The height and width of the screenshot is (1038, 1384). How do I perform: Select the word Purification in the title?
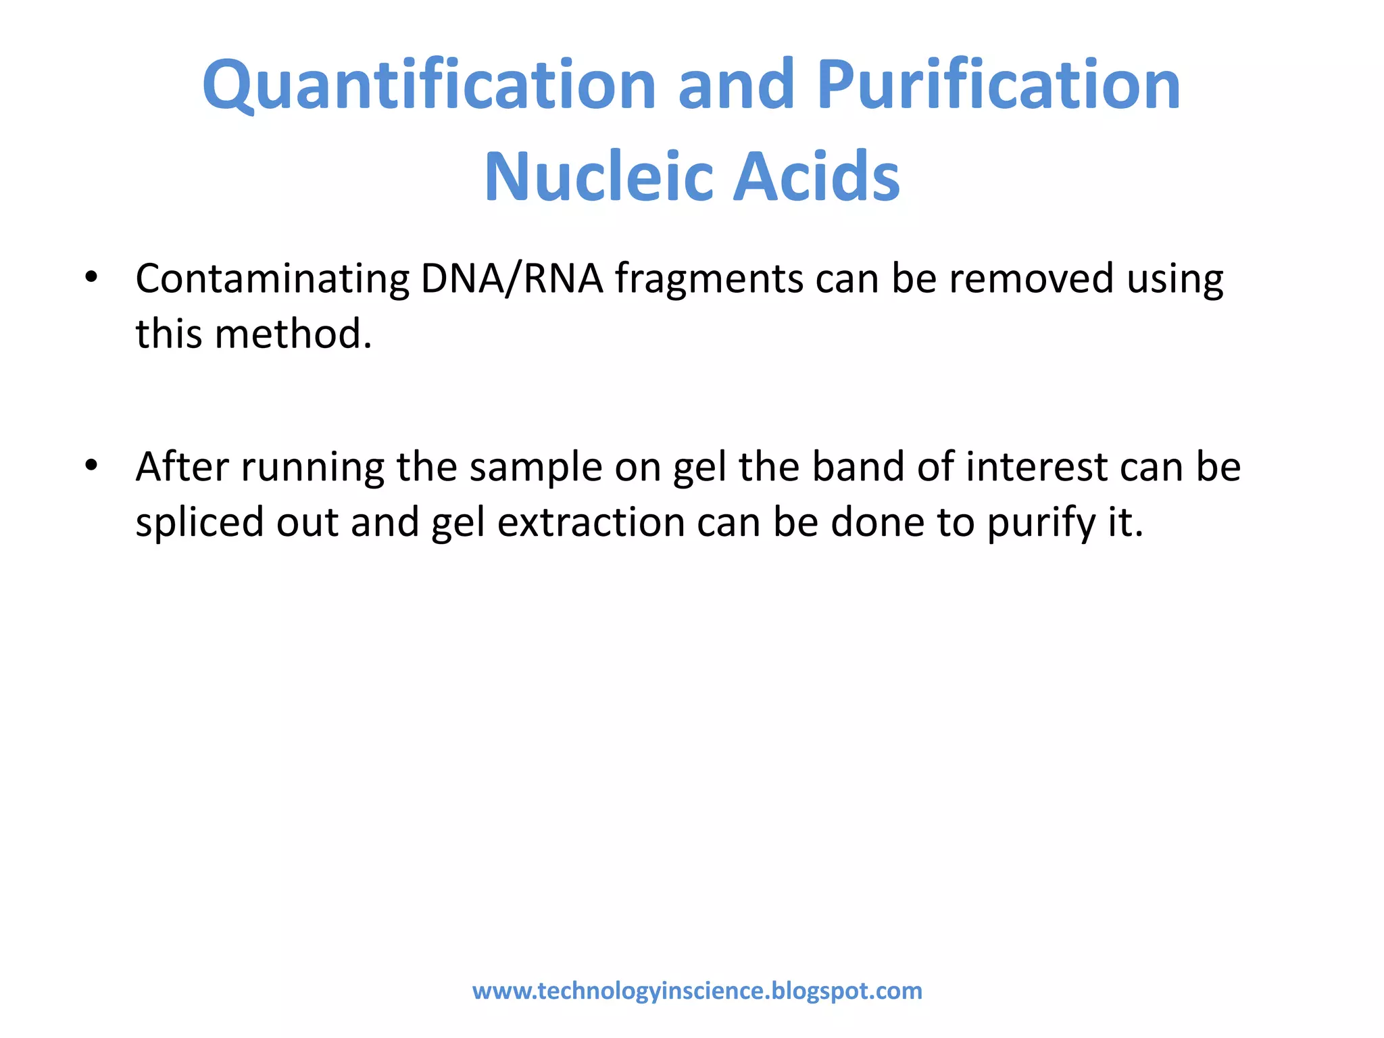[x=999, y=85]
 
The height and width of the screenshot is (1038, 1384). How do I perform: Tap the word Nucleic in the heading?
[x=597, y=176]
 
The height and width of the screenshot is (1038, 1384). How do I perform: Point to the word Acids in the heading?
[x=817, y=176]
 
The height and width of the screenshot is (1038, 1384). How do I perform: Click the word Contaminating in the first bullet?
[x=272, y=279]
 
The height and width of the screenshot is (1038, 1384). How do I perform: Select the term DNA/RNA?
[x=512, y=279]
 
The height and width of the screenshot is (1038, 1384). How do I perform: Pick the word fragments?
[x=709, y=279]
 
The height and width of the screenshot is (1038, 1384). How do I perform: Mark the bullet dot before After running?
[x=91, y=465]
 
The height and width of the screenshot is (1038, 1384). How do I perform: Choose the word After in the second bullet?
[x=182, y=467]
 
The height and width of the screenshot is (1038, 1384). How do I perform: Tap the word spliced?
[x=199, y=523]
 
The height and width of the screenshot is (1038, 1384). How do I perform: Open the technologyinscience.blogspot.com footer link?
[x=697, y=991]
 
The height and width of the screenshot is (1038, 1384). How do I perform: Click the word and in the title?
[x=736, y=85]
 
